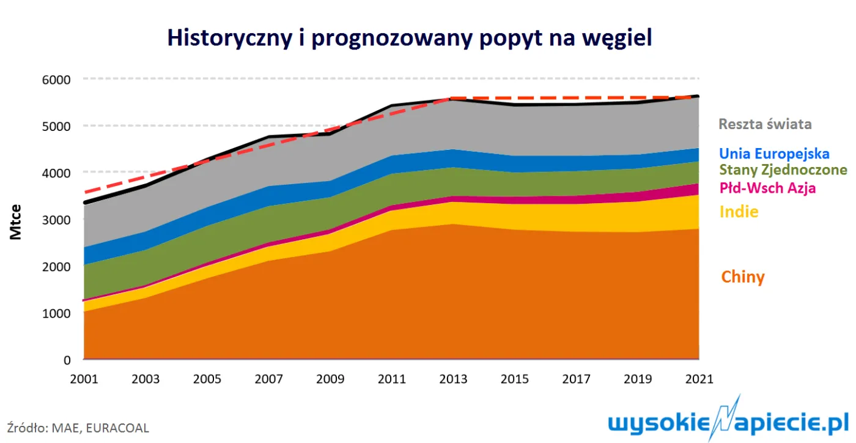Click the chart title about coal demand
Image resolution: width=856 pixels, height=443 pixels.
(x=410, y=39)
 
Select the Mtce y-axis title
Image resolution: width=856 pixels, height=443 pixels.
(x=16, y=222)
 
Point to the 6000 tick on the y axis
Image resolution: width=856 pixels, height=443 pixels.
(x=56, y=80)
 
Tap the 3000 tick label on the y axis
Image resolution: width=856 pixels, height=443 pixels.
(x=56, y=220)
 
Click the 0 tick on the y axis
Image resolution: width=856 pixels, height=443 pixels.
(x=67, y=360)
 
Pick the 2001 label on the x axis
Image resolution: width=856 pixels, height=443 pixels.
(x=84, y=379)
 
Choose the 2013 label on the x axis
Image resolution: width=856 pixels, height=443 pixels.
(x=453, y=379)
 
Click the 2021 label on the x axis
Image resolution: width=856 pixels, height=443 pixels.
(x=699, y=379)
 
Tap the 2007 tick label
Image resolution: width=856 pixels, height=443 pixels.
(x=268, y=379)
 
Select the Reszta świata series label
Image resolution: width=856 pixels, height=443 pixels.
(x=765, y=124)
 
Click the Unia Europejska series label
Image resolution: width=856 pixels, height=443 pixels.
(x=774, y=154)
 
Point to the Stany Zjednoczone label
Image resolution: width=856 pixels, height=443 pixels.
(x=783, y=170)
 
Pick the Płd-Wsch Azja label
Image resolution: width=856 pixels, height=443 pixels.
(x=767, y=188)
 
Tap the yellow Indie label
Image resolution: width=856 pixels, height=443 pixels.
(x=739, y=212)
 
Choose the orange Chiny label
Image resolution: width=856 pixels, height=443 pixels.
(x=743, y=277)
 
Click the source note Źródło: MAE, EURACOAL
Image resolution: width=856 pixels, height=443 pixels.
(x=78, y=428)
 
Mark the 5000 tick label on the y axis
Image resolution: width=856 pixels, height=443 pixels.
(x=56, y=127)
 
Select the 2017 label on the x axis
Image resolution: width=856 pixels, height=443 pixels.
(x=576, y=379)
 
